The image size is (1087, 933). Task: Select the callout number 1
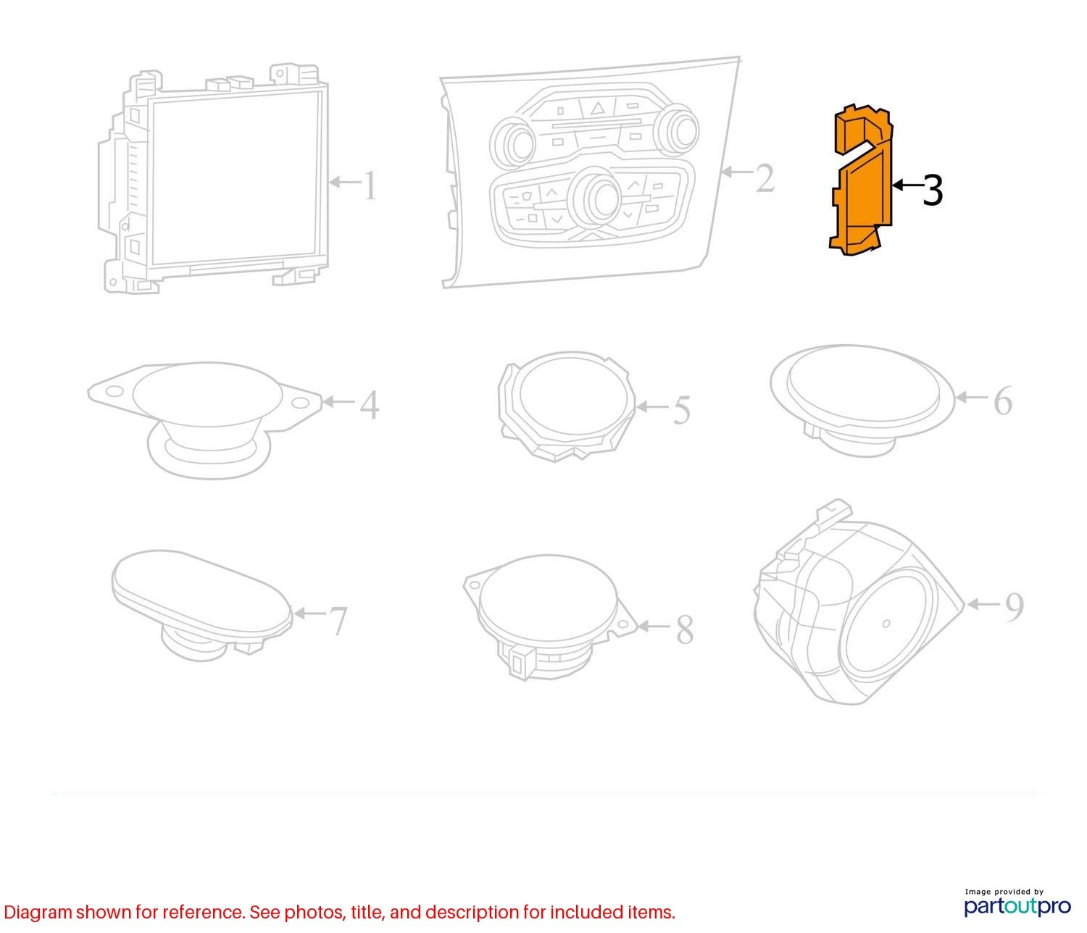coord(371,185)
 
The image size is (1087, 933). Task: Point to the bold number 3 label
coord(933,190)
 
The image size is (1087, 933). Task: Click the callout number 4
coord(369,405)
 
